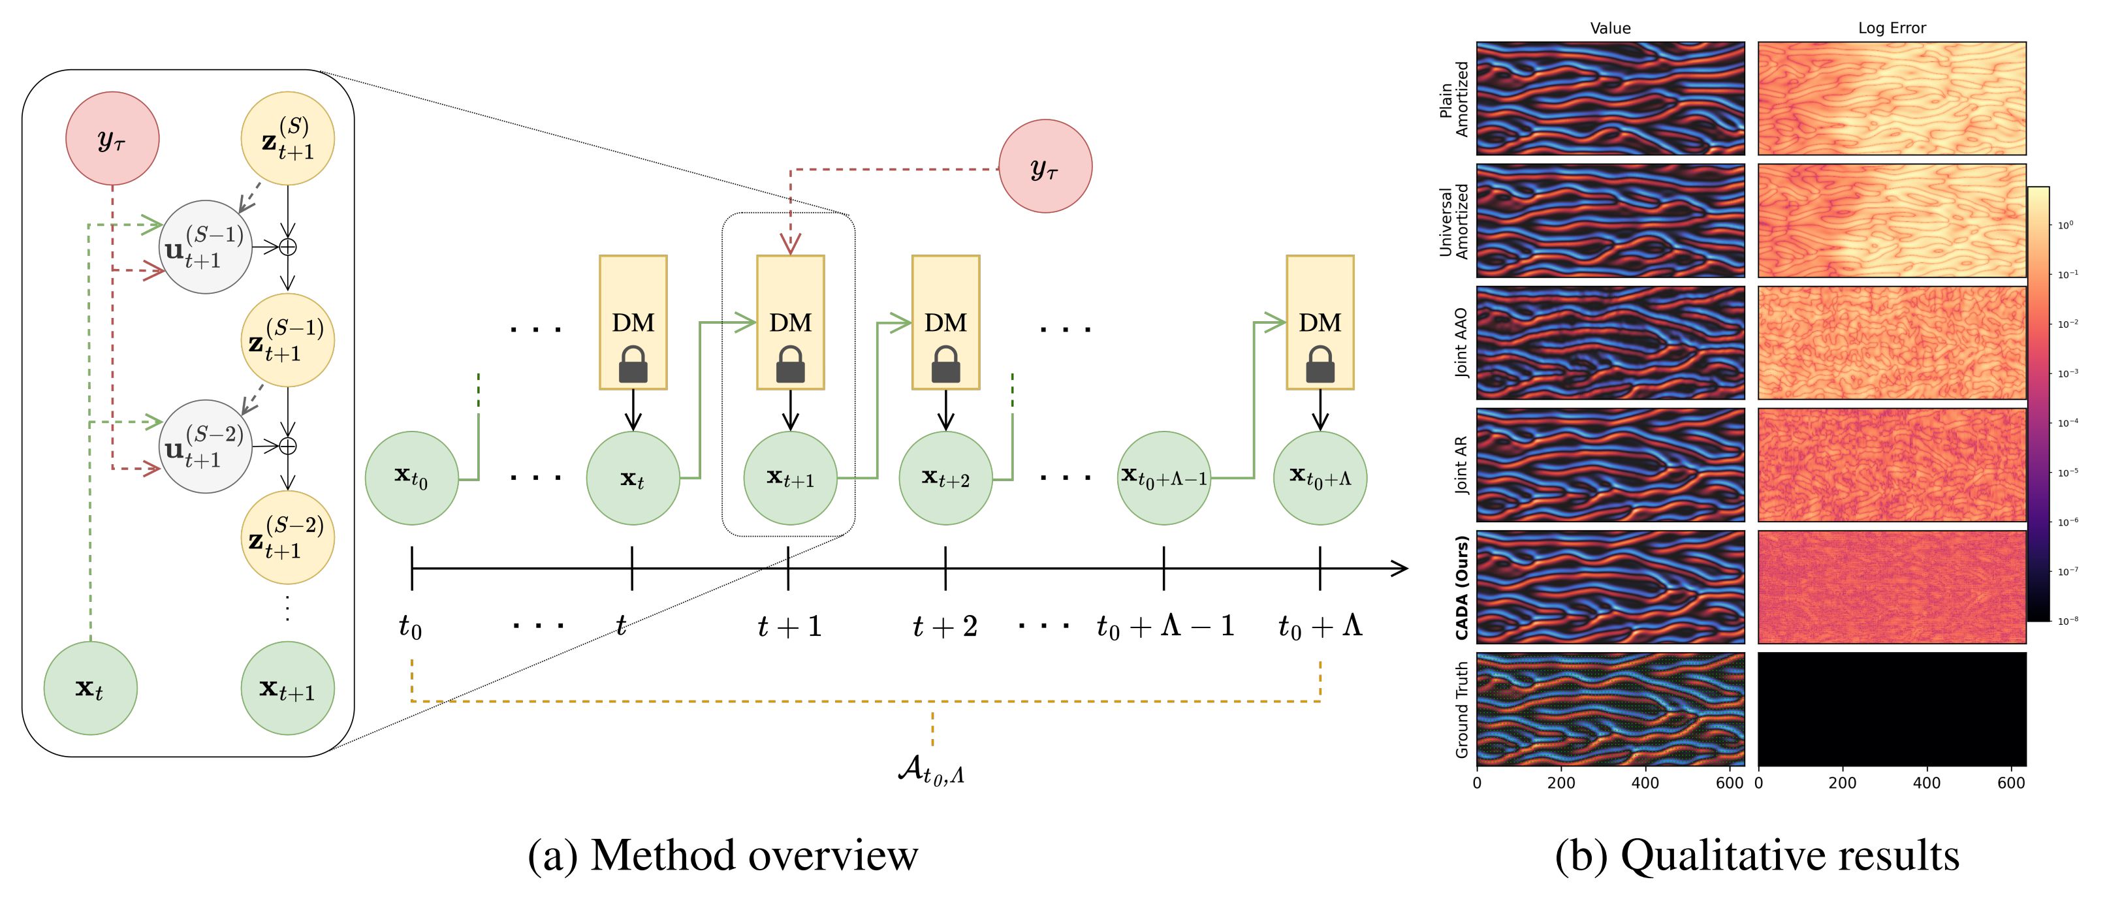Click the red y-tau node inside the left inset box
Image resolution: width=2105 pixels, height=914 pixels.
tap(112, 138)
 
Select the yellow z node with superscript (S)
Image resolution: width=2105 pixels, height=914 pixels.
tap(288, 138)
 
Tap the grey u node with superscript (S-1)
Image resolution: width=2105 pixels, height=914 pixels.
tap(206, 247)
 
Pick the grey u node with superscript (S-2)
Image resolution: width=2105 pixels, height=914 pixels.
tap(206, 446)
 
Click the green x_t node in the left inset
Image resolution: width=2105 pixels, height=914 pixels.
tap(90, 687)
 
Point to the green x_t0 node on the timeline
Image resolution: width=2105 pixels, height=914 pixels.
tap(411, 477)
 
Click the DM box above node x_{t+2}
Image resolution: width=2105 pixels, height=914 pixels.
tap(945, 322)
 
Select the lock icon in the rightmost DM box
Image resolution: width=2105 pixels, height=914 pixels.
tap(1320, 364)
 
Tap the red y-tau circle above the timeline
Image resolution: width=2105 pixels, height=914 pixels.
tap(1045, 166)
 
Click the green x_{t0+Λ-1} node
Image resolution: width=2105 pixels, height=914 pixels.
tap(1163, 477)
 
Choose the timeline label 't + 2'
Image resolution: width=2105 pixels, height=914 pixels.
tap(945, 627)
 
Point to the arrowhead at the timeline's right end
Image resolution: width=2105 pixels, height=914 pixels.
tap(1400, 568)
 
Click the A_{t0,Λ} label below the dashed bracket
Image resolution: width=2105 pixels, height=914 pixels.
tap(932, 770)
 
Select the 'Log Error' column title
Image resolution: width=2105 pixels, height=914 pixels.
tap(1891, 28)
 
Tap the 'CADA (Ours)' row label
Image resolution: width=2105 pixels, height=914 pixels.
tap(1462, 588)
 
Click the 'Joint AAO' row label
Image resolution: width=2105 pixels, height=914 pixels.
tap(1462, 343)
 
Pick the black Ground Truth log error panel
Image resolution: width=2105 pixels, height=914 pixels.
tap(1891, 708)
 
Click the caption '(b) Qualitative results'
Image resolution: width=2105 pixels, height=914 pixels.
tap(1757, 856)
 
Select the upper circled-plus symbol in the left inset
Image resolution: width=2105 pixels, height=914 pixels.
tap(288, 247)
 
